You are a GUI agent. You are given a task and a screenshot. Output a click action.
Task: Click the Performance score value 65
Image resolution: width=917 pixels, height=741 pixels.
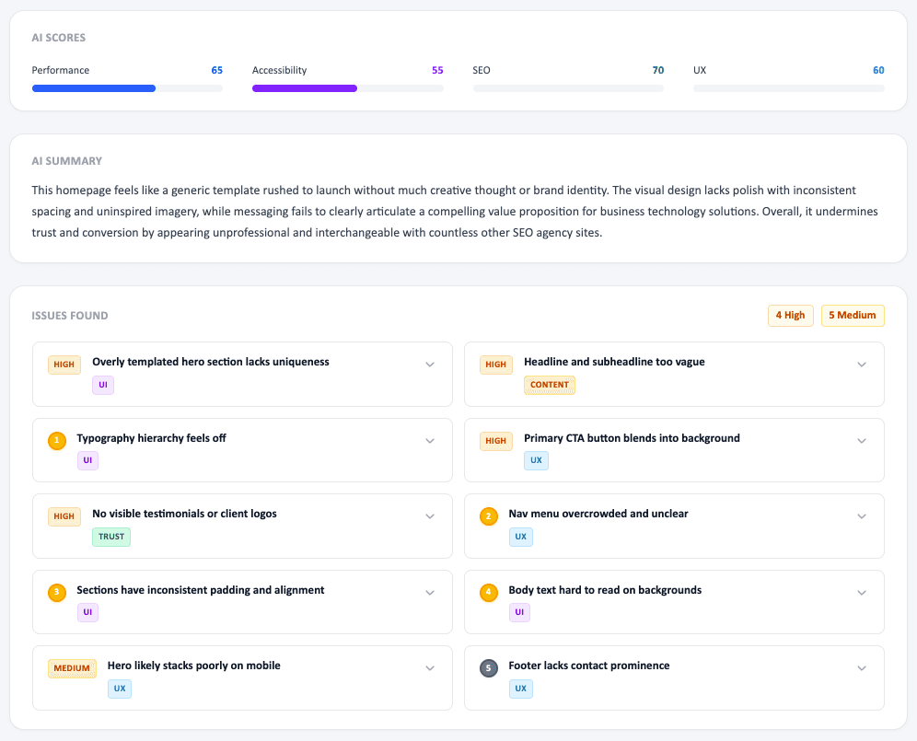216,70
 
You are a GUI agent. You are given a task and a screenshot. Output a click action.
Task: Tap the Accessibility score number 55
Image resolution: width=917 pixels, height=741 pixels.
437,70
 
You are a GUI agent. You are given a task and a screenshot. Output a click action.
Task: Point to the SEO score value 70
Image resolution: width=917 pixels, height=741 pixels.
657,70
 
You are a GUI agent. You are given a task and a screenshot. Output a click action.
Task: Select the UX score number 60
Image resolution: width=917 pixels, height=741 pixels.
878,70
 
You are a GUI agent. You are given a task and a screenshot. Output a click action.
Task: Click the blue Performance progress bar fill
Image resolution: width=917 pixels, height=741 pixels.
94,88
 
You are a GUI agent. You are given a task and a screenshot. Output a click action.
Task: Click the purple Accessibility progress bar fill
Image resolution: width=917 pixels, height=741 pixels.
305,88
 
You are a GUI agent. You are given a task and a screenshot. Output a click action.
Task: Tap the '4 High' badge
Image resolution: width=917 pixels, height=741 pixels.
790,316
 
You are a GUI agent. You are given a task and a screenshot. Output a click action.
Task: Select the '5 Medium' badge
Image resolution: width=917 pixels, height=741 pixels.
853,316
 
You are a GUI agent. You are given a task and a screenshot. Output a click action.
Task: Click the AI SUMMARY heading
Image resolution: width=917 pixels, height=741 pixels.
67,161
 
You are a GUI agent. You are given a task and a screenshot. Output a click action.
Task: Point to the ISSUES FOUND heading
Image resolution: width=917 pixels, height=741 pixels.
70,316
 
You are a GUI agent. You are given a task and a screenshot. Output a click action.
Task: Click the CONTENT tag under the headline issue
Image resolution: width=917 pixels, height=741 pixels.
550,385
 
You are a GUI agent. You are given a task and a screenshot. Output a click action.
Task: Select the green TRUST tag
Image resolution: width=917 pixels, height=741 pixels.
111,537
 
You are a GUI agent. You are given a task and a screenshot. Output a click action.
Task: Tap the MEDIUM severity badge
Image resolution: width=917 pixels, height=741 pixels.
72,668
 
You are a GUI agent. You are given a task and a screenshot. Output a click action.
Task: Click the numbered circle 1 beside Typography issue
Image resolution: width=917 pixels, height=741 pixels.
57,441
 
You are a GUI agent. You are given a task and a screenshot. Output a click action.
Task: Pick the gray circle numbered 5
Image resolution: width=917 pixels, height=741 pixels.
489,668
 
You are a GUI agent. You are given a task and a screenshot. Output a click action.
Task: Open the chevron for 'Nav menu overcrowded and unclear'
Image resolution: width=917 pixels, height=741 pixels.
862,516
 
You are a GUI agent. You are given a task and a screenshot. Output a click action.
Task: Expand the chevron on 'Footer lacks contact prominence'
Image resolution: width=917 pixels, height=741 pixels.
862,668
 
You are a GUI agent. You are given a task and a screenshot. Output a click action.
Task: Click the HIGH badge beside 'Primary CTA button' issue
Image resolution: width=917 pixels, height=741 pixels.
495,441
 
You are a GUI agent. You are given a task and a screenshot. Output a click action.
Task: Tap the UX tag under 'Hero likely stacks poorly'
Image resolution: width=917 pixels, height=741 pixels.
120,689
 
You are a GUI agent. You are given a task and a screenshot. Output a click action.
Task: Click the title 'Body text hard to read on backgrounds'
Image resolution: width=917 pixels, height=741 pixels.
605,590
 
